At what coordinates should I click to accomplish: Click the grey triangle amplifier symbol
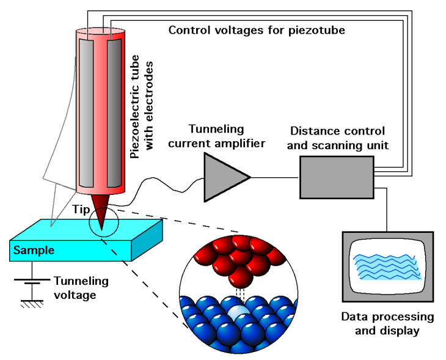tap(223, 177)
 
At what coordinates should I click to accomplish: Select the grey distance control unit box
tap(337, 177)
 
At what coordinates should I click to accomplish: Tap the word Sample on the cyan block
tap(34, 250)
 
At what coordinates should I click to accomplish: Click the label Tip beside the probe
tap(81, 210)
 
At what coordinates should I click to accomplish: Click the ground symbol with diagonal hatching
tap(32, 304)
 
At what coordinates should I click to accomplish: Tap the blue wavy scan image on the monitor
tap(387, 266)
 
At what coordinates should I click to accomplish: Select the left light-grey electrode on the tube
tap(86, 113)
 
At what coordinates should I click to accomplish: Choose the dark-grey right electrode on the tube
tap(114, 113)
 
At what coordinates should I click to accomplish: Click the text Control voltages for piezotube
tap(257, 30)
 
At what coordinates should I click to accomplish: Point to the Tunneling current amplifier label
tap(216, 136)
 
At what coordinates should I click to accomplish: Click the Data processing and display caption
tap(387, 323)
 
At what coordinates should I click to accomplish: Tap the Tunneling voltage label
tap(81, 288)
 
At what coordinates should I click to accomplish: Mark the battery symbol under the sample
tap(32, 281)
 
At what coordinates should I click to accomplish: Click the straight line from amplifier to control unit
tap(275, 177)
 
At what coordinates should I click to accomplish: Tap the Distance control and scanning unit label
tap(337, 138)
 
